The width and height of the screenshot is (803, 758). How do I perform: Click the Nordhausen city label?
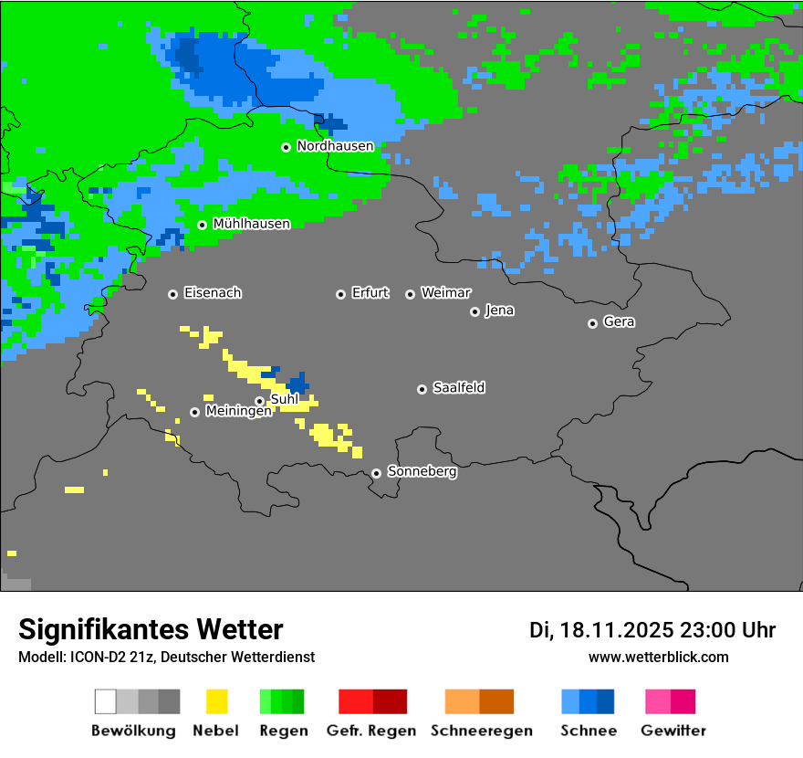point(335,146)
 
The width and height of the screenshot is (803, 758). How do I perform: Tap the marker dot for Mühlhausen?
point(202,225)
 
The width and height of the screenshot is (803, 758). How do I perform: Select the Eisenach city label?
point(213,293)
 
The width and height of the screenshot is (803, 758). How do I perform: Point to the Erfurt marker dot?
point(340,294)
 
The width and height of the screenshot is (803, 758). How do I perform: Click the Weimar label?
point(446,293)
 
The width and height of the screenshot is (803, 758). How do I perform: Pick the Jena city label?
point(499,311)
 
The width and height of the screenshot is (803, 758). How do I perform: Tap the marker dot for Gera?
point(592,323)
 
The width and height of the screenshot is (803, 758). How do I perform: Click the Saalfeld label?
point(459,388)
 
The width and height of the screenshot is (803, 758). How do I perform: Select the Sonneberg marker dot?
point(376,473)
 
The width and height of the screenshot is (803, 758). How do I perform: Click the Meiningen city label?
point(238,412)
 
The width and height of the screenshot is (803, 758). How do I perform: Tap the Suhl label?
point(285,399)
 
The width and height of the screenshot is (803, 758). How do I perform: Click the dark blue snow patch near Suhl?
point(297,384)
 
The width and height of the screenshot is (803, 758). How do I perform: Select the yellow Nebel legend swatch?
point(216,701)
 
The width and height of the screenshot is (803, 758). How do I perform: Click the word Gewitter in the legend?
point(673,731)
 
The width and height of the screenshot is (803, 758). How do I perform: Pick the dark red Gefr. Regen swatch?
point(390,701)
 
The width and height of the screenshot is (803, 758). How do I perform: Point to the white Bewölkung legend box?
point(106,701)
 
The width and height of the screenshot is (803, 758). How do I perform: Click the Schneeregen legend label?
point(481,731)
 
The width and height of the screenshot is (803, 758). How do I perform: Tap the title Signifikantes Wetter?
point(151,629)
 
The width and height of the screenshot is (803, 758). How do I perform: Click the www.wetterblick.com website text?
point(658,657)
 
